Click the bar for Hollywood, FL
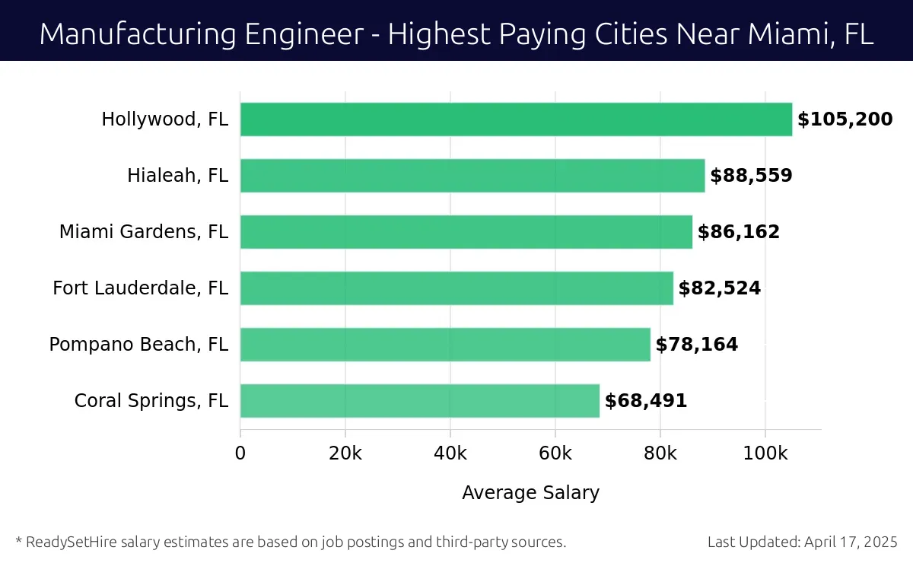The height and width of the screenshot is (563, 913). point(516,119)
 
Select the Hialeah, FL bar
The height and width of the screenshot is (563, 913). point(472,176)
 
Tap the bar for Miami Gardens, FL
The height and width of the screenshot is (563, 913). point(466,232)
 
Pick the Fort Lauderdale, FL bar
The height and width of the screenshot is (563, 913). point(456,288)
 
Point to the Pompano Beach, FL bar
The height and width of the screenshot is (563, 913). point(445,345)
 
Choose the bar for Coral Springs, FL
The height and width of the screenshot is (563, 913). point(420,401)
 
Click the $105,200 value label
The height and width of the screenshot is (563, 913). point(845,119)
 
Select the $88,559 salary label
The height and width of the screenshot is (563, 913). point(751,176)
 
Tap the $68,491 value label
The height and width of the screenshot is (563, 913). point(646,401)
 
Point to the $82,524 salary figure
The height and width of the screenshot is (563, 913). point(719,288)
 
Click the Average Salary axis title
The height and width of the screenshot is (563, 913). point(530,493)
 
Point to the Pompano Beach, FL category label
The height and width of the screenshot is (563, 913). point(138,345)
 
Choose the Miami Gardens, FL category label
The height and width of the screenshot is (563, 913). point(144,232)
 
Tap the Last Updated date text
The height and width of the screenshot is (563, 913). point(802,542)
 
